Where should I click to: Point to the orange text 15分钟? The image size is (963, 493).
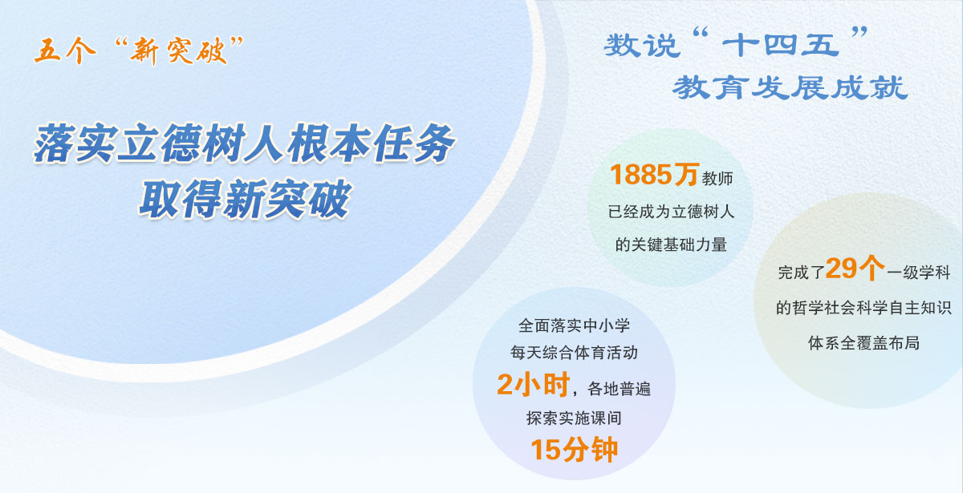(574, 449)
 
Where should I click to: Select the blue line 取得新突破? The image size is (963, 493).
(245, 200)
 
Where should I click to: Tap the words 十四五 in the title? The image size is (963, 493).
(779, 46)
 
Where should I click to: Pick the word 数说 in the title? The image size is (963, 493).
(638, 46)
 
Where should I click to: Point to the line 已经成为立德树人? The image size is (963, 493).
(671, 212)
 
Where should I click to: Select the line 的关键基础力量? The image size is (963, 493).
(671, 244)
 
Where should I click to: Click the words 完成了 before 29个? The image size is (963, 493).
(800, 273)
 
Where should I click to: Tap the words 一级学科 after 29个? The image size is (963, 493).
(919, 273)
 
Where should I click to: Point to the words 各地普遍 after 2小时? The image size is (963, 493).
(619, 390)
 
